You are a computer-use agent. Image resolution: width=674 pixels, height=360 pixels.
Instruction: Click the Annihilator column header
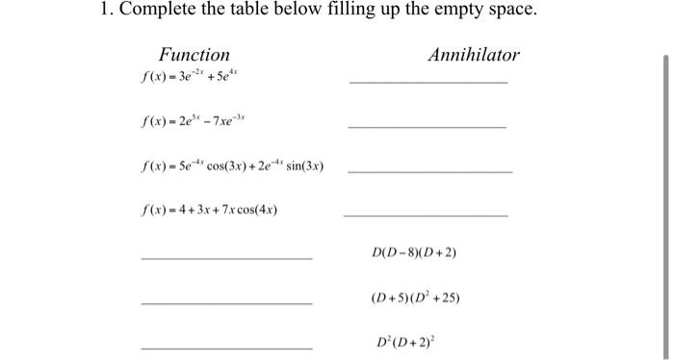coord(473,55)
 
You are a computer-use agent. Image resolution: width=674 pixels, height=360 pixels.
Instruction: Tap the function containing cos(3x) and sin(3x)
coord(232,167)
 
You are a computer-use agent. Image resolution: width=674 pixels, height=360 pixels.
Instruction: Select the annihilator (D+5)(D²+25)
coord(415,297)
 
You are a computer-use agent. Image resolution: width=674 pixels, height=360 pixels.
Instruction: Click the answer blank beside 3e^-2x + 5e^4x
coord(428,81)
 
